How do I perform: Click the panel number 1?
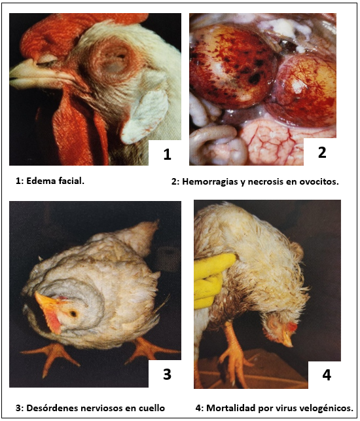(167, 154)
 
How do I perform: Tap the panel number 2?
(322, 152)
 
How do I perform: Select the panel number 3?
(167, 374)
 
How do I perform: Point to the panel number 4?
(327, 375)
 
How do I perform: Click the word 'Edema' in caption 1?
(41, 181)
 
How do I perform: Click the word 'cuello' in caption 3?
(151, 408)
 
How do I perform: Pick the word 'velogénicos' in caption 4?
(327, 409)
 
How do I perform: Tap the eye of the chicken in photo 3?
(73, 313)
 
